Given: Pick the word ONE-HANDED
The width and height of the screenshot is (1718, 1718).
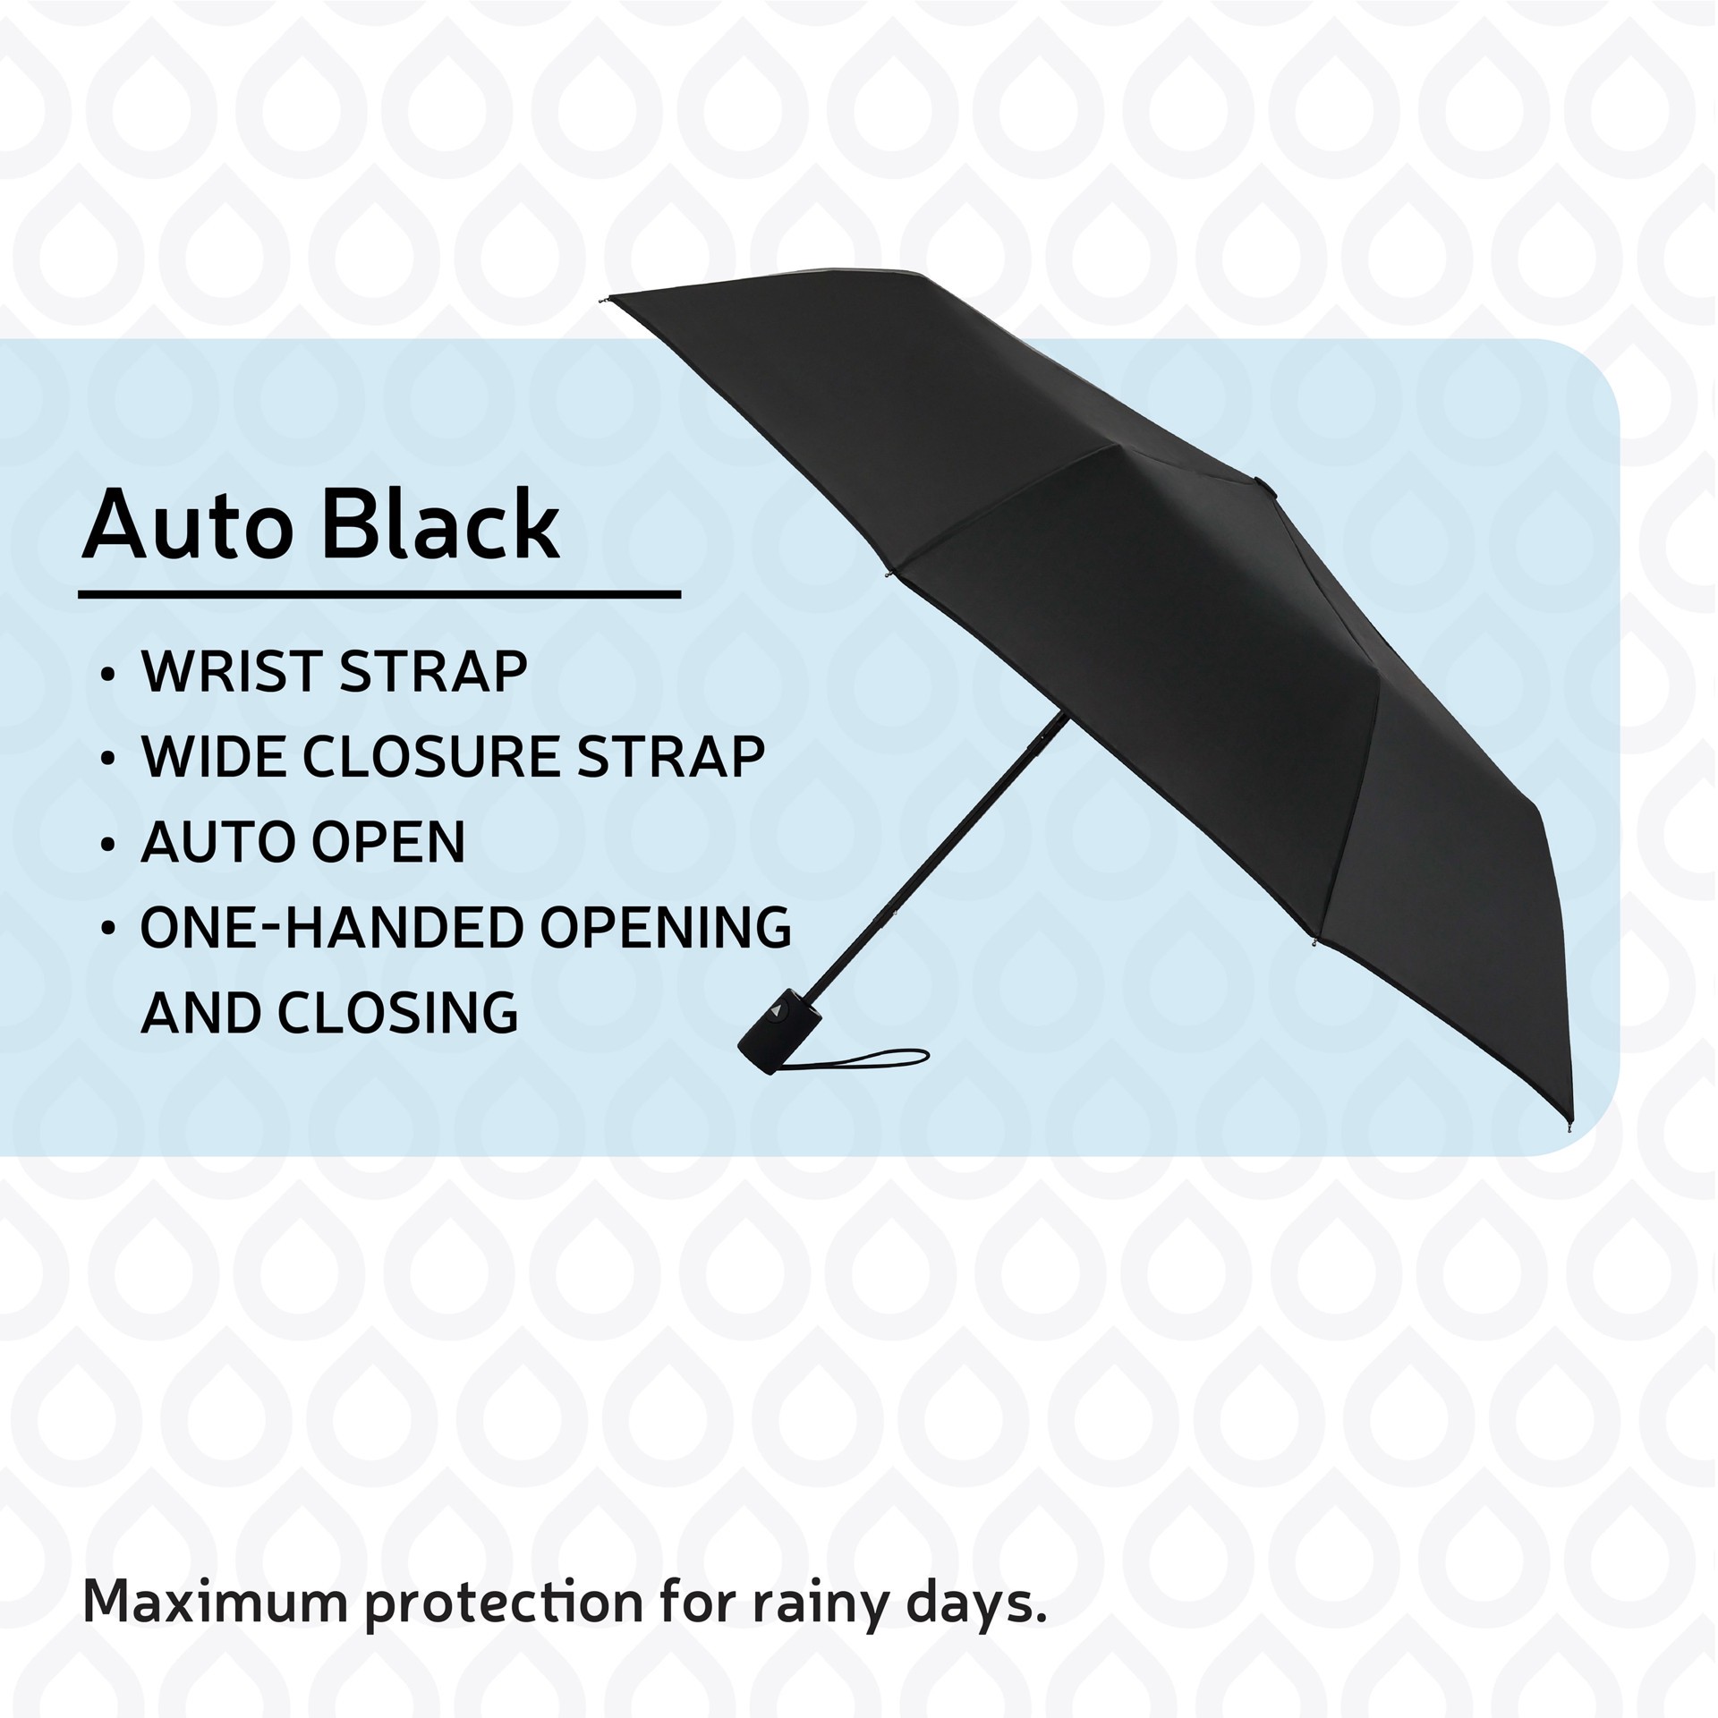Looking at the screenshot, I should click(x=331, y=927).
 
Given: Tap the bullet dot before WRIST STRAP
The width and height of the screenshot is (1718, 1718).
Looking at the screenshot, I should click(x=107, y=674).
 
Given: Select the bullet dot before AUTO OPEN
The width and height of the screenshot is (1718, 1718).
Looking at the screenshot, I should click(x=107, y=844).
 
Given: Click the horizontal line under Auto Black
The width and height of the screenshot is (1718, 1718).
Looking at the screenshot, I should click(x=379, y=592).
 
